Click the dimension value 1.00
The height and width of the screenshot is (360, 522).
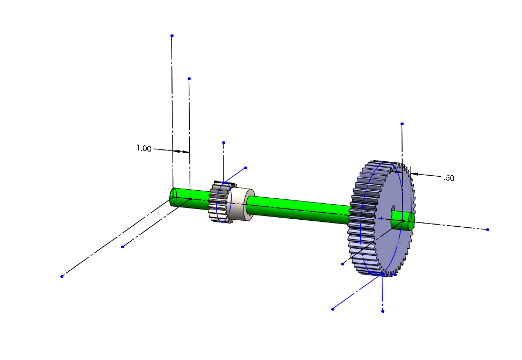point(144,148)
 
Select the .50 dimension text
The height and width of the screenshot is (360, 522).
point(449,178)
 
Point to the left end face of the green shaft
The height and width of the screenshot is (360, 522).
point(173,197)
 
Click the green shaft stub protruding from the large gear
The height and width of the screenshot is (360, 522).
point(406,220)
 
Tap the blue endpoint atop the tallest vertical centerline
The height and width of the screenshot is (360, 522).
point(172,35)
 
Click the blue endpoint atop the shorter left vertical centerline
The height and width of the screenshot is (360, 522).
point(189,78)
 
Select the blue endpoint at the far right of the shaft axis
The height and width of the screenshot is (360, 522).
point(488,229)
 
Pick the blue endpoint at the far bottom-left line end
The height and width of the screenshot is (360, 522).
point(62,276)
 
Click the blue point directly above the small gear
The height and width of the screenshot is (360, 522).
point(224,142)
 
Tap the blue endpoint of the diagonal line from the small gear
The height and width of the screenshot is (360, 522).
point(246,168)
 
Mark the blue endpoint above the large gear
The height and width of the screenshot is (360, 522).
point(402,124)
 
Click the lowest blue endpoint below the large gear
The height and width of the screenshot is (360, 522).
point(382,311)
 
